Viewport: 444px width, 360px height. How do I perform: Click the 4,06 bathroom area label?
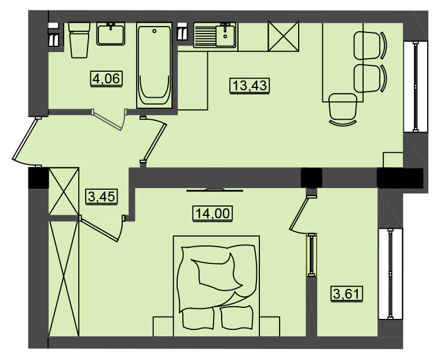(x=107, y=78)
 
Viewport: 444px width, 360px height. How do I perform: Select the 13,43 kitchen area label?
(x=249, y=85)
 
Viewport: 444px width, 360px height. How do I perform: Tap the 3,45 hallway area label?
(x=102, y=197)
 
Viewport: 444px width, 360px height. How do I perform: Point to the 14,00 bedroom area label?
(x=212, y=213)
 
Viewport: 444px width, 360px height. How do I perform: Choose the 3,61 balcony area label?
(x=347, y=294)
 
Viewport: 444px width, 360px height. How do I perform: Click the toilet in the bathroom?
(x=79, y=40)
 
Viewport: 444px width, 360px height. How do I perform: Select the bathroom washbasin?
(x=111, y=34)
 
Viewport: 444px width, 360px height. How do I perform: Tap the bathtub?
(x=155, y=65)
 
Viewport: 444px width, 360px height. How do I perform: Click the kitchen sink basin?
(x=225, y=36)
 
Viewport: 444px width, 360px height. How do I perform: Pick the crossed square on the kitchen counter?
(x=284, y=36)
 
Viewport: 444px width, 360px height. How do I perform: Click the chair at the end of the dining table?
(x=343, y=109)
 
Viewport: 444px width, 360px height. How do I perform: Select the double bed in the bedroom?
(x=217, y=286)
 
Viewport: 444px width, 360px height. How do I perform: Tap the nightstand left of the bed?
(x=163, y=326)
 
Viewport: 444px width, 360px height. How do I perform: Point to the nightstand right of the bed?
(x=270, y=326)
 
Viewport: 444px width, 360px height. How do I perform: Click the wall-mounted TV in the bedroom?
(x=215, y=190)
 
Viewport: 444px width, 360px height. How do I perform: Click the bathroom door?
(x=109, y=119)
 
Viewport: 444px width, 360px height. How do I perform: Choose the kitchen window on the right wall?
(x=416, y=87)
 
